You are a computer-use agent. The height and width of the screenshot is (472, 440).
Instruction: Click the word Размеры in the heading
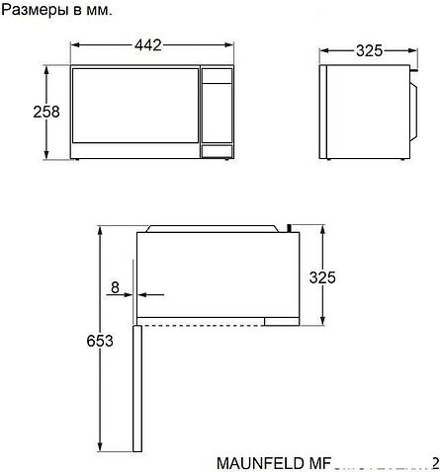point(34,11)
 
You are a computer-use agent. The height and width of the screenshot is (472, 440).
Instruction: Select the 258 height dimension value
point(18,112)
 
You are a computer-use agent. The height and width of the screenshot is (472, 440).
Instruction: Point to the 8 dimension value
point(116,287)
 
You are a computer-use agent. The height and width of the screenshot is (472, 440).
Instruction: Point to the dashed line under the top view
point(218,323)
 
